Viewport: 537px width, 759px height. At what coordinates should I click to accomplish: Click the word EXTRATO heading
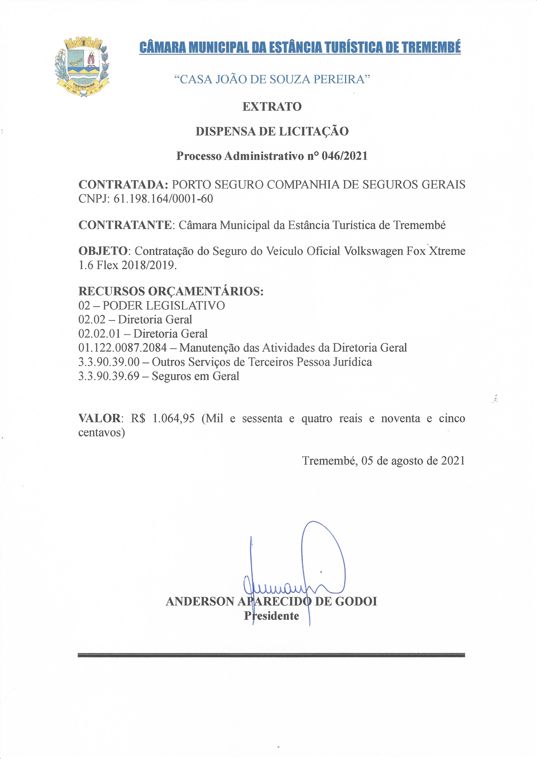coord(272,107)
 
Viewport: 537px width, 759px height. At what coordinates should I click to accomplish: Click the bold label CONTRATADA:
coord(124,184)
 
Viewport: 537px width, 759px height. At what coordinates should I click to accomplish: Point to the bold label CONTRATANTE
coord(125,225)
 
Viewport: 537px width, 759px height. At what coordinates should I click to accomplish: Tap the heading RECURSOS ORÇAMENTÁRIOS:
coord(171,291)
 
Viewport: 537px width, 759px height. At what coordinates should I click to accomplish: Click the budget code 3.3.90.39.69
coord(109,376)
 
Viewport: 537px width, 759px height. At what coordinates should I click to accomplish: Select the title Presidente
coord(272,615)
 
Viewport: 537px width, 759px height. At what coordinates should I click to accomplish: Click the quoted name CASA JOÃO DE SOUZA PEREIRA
coord(272,79)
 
